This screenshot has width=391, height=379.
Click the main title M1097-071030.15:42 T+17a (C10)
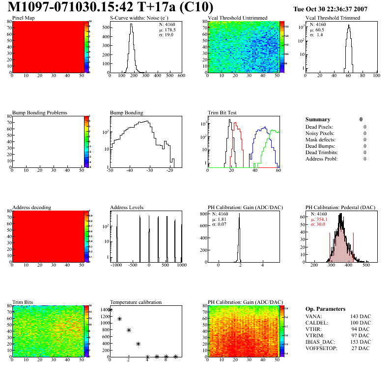click(x=111, y=7)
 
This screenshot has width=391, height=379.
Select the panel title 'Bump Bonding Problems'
click(x=40, y=112)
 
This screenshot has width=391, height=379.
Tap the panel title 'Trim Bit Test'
click(x=223, y=112)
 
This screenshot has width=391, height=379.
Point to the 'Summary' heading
click(x=318, y=119)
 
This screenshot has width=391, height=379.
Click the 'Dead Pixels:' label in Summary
click(x=319, y=127)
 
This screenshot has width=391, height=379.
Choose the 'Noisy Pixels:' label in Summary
click(x=320, y=134)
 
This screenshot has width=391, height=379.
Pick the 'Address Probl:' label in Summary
click(x=321, y=159)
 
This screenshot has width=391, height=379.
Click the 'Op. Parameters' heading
click(x=325, y=309)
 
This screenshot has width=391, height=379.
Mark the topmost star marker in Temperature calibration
click(x=110, y=310)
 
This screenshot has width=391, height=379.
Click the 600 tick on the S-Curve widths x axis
click(x=181, y=76)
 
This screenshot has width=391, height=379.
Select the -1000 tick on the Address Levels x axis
click(x=116, y=265)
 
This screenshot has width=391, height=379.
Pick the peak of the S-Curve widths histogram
click(x=131, y=24)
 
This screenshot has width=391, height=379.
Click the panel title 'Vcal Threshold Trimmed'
click(x=333, y=18)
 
